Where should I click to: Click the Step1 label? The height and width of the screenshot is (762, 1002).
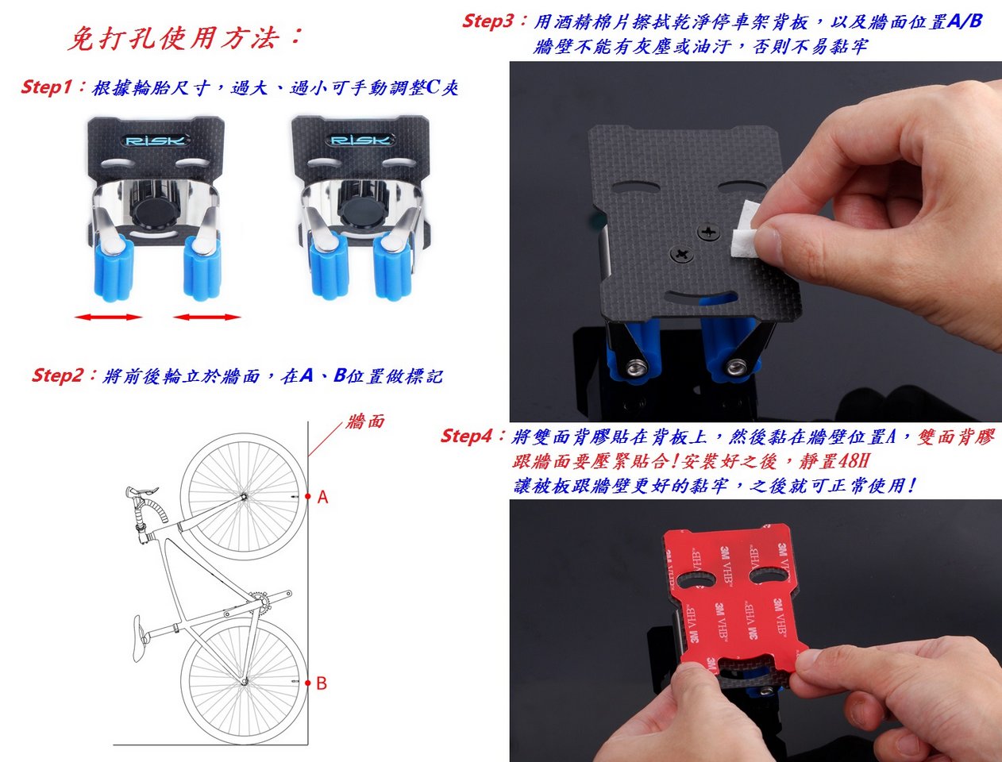[46, 87]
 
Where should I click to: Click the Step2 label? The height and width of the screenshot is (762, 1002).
[57, 375]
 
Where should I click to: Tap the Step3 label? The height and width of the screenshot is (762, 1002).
[488, 21]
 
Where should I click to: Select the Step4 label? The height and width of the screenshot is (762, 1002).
[467, 436]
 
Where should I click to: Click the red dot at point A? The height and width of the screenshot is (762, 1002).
[308, 496]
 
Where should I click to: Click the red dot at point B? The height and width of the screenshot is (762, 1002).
[308, 683]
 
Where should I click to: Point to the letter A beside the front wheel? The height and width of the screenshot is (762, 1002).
[322, 497]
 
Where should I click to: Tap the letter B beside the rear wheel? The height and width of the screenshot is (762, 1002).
[322, 683]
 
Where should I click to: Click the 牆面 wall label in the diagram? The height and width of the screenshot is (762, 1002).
[365, 421]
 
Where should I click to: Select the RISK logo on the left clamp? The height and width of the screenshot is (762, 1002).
[156, 140]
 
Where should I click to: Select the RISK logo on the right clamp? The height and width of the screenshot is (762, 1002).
[360, 140]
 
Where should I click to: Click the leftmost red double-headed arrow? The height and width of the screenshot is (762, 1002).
[109, 317]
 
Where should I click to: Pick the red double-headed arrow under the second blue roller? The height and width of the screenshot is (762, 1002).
[207, 317]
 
